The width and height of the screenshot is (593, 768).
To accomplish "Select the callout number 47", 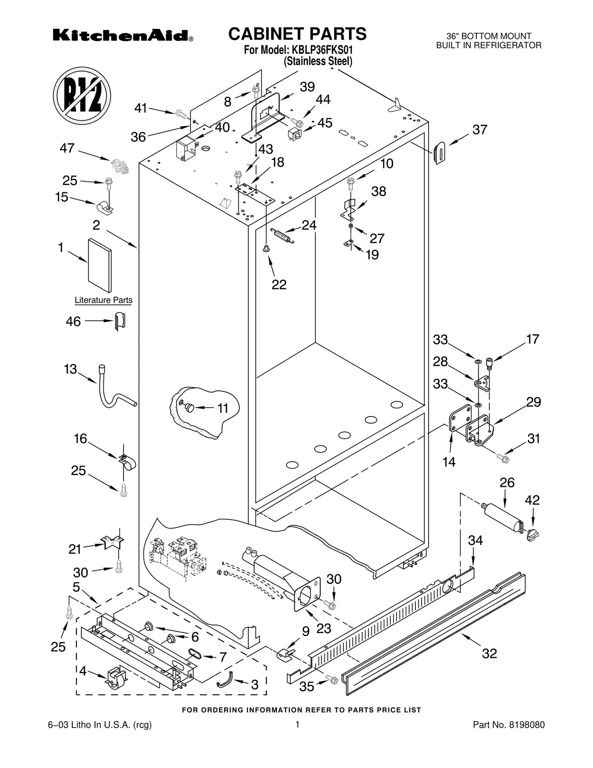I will (67, 148).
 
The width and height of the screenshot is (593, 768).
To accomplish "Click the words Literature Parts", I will (103, 300).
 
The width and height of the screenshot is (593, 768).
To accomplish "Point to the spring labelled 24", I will (282, 235).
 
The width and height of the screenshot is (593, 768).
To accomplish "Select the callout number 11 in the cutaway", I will (222, 408).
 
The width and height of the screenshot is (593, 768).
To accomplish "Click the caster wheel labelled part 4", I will (116, 679).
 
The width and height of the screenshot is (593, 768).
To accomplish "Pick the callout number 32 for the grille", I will (489, 653).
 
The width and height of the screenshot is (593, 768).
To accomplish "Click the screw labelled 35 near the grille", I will (331, 679).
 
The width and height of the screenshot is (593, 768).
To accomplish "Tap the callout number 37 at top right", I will (480, 130).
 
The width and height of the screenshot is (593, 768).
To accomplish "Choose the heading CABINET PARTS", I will (297, 34).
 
